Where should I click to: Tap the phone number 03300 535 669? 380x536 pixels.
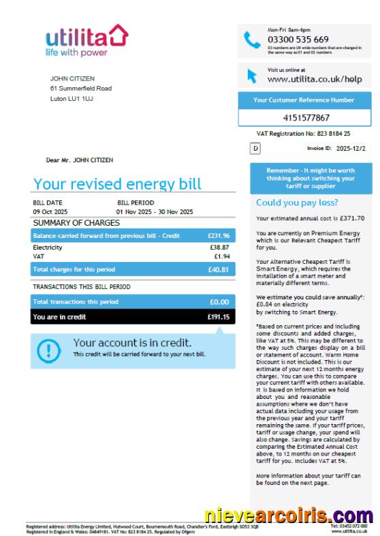298,39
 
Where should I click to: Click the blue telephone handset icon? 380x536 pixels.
253,40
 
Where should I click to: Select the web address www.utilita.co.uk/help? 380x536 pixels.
305,79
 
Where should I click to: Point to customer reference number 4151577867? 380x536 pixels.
306,118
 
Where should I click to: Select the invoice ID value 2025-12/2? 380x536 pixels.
351,147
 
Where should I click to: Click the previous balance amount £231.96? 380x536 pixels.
218,235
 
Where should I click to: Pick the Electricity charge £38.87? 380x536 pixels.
219,248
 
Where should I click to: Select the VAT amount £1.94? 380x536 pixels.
221,256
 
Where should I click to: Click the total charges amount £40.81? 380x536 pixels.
219,270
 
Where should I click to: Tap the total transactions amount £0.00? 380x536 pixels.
219,301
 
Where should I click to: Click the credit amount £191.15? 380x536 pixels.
218,317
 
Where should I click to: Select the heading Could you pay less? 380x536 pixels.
296,203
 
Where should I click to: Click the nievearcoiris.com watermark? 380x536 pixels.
288,516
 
